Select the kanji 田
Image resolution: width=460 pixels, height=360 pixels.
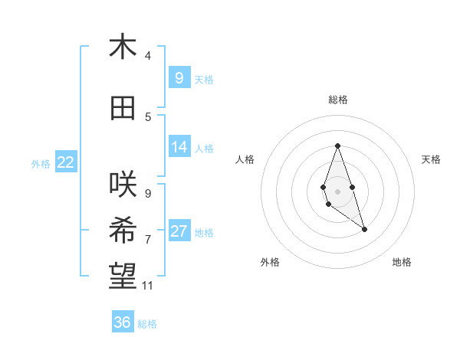click(123, 108)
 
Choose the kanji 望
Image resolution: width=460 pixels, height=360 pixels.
click(123, 277)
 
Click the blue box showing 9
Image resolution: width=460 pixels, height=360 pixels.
click(179, 77)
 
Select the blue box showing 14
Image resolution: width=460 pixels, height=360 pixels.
click(179, 147)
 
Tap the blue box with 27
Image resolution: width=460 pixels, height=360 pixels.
click(179, 231)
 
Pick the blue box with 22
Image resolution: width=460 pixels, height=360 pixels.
click(66, 162)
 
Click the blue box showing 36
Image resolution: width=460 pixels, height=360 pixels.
click(123, 322)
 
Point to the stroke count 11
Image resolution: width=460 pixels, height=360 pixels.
click(148, 286)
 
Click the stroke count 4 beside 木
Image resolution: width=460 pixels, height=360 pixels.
click(148, 56)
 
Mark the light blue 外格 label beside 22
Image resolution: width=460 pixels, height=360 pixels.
click(41, 163)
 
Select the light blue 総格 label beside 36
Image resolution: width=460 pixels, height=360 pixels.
click(147, 324)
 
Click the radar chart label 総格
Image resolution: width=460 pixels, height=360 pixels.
click(337, 100)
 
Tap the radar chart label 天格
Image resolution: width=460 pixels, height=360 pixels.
click(432, 159)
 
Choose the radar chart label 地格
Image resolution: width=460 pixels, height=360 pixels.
click(402, 262)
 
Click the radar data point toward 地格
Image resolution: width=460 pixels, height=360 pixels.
click(365, 229)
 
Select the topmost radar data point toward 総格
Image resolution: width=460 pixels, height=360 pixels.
click(337, 146)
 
